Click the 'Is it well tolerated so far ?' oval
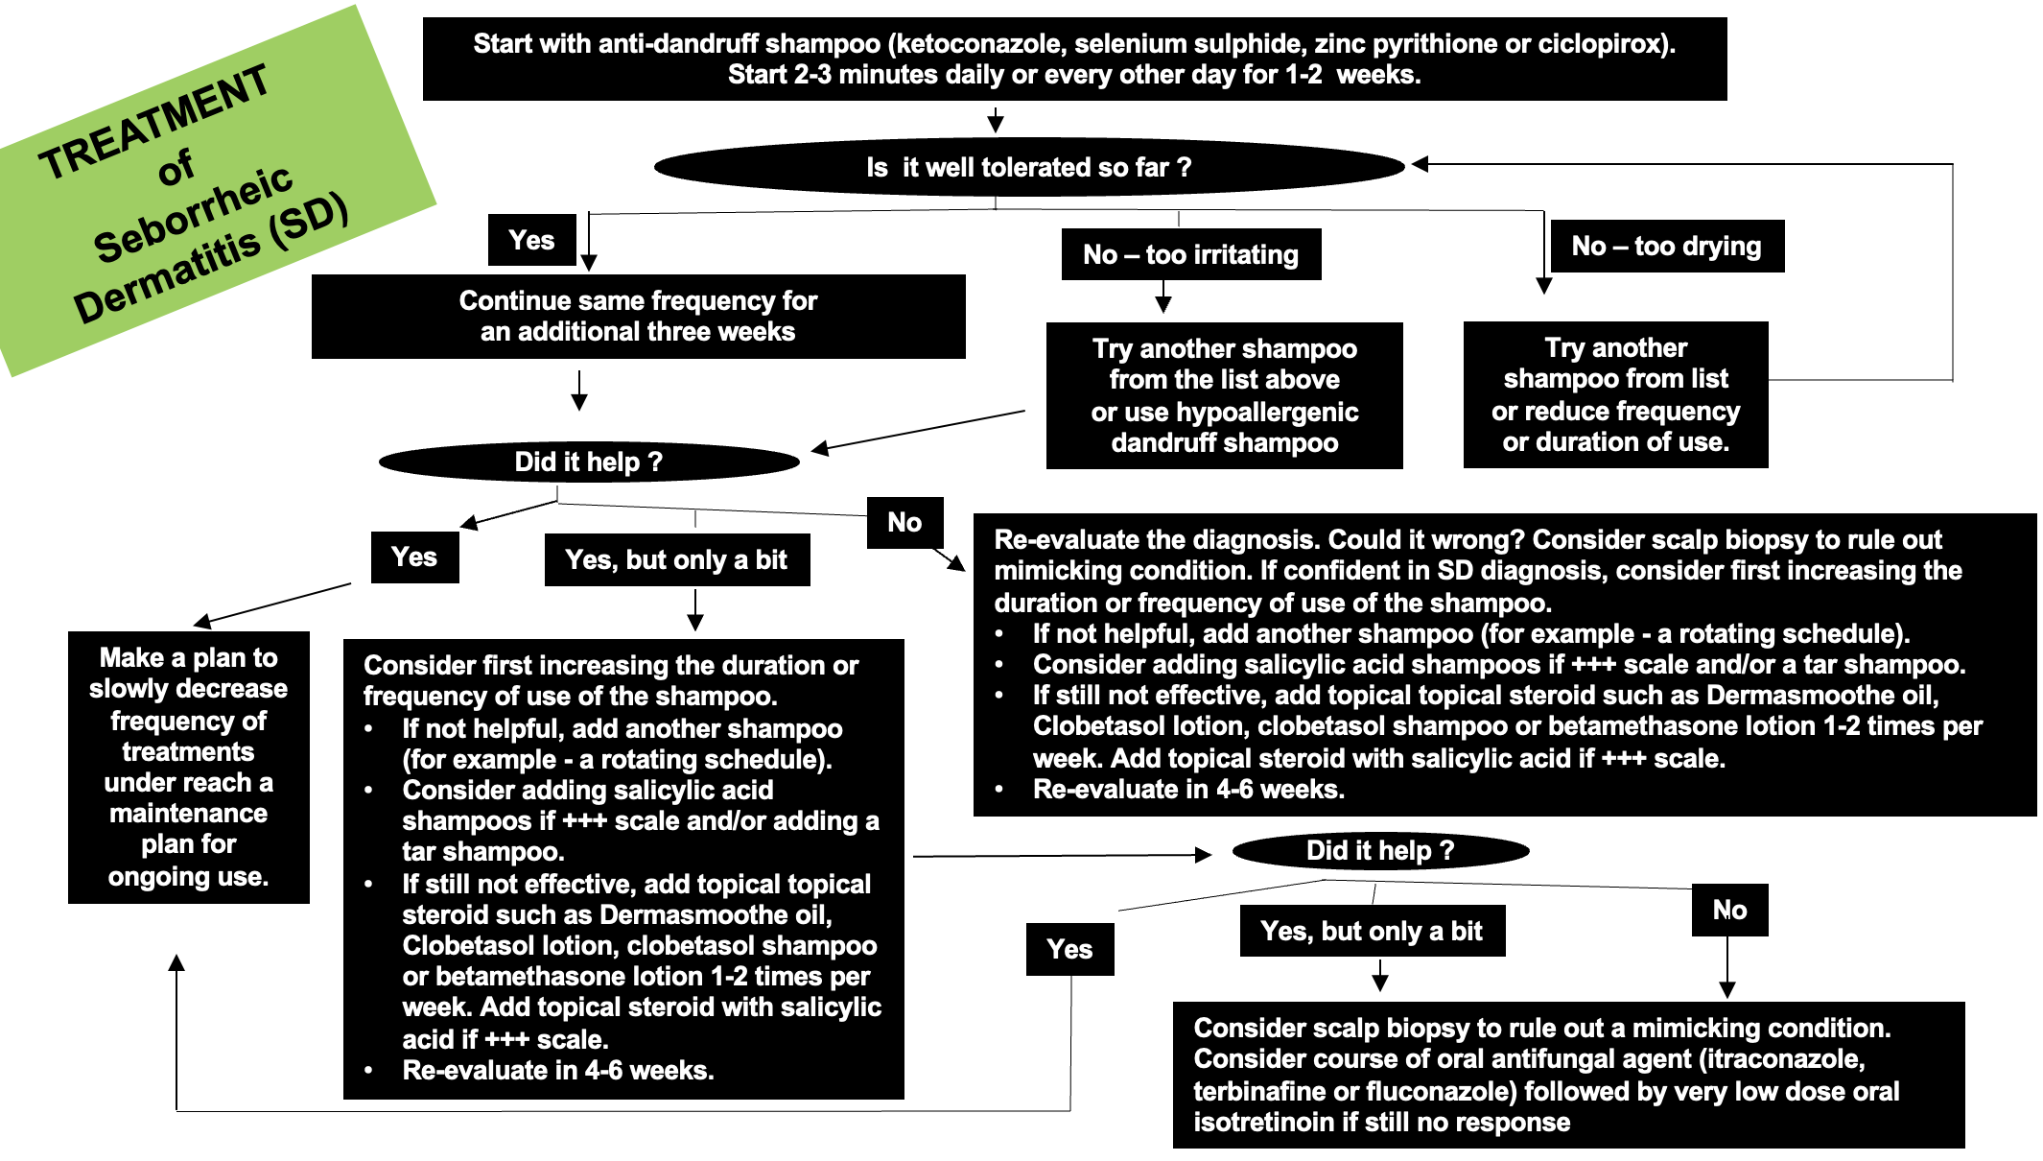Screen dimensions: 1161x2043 (x=1028, y=168)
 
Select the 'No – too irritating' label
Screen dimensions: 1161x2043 (x=1190, y=254)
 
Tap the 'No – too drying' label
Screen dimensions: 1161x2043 (x=1666, y=247)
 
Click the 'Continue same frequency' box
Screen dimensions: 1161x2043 (x=638, y=317)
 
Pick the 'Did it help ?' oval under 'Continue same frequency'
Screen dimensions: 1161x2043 (x=588, y=462)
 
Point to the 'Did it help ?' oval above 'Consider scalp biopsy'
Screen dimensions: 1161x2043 (x=1379, y=850)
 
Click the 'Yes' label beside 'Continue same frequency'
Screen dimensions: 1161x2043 (x=531, y=240)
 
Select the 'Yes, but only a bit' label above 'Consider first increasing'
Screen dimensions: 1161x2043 (x=676, y=559)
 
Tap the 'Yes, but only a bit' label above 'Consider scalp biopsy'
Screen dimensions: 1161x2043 (x=1372, y=931)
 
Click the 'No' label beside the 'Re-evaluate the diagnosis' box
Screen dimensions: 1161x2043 (x=904, y=522)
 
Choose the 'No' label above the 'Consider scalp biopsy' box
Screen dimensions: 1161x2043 (x=1729, y=910)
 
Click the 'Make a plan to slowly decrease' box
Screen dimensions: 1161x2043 (x=188, y=767)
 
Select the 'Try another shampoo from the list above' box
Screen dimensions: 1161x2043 (x=1224, y=395)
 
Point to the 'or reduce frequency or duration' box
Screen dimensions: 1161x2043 (x=1615, y=394)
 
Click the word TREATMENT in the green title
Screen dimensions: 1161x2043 (x=153, y=122)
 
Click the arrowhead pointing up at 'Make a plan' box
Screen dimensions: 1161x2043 (x=176, y=962)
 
